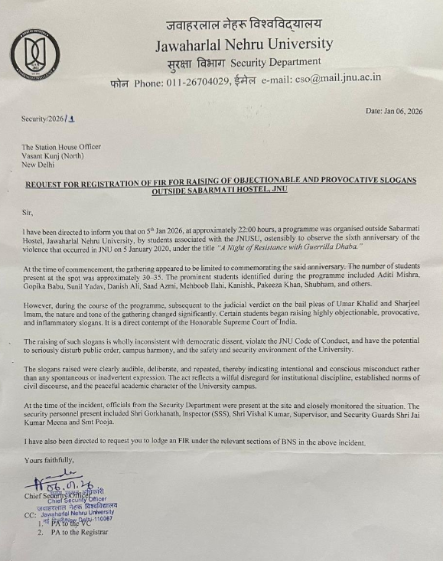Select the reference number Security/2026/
point(44,119)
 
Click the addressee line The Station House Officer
point(61,147)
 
